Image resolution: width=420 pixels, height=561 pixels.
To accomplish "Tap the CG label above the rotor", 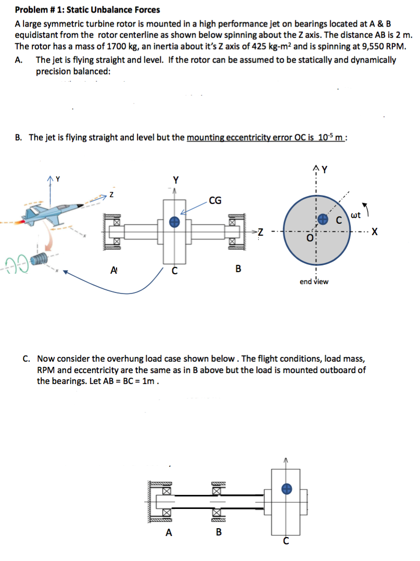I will click(x=214, y=199).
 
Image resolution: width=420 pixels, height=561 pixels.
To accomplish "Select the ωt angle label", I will click(x=356, y=214).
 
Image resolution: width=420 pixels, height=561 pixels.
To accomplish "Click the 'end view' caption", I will click(x=314, y=282).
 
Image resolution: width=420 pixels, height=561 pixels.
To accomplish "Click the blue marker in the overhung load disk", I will click(x=286, y=488).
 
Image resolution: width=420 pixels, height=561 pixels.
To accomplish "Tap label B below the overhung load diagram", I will click(x=219, y=532).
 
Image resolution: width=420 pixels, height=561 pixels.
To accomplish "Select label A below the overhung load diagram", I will click(x=168, y=532).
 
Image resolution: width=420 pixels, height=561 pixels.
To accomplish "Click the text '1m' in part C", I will click(x=150, y=380).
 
